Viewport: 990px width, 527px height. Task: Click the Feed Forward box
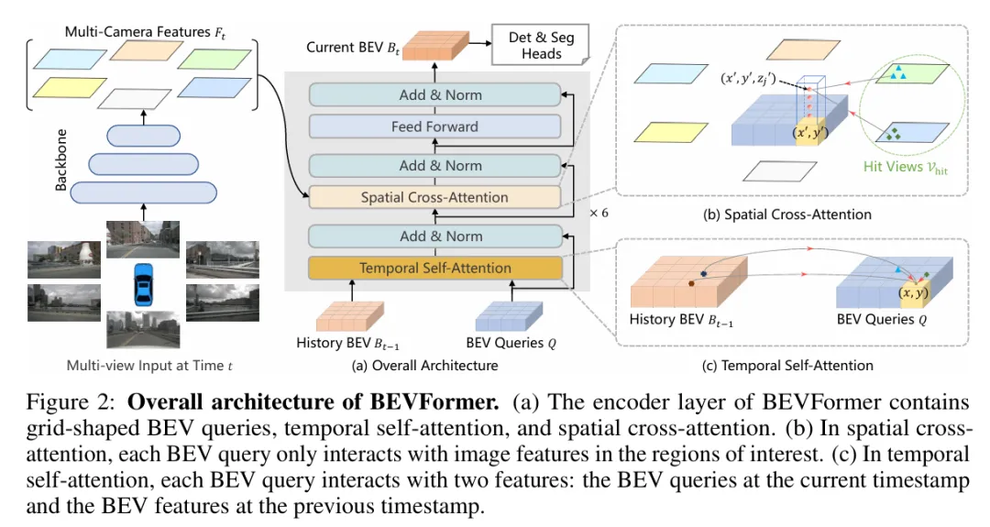click(x=434, y=126)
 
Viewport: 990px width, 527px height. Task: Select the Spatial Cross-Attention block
click(x=434, y=197)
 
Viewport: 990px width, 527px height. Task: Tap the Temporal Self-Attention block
click(x=434, y=269)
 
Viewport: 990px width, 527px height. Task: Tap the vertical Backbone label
click(x=60, y=165)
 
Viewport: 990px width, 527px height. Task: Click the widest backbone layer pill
click(x=144, y=192)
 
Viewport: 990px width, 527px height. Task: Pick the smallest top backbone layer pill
click(x=144, y=136)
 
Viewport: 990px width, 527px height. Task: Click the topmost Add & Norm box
click(x=434, y=94)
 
